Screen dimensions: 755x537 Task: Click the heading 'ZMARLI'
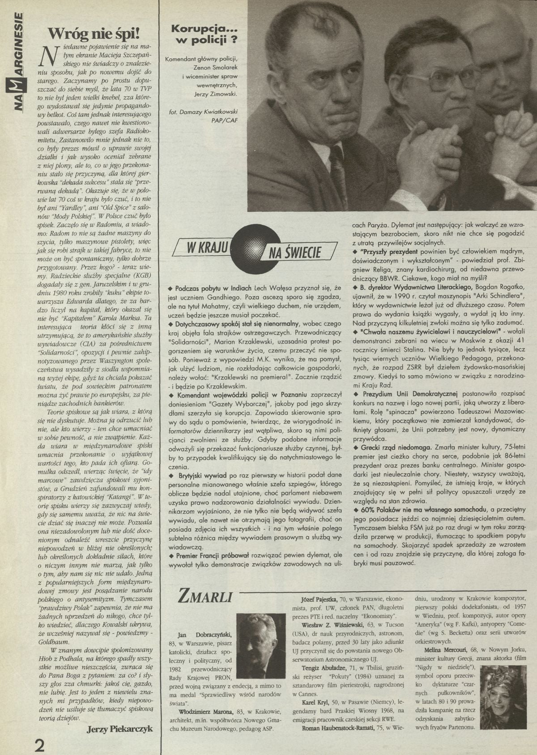point(205,597)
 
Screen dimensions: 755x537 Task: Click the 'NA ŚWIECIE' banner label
point(295,253)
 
